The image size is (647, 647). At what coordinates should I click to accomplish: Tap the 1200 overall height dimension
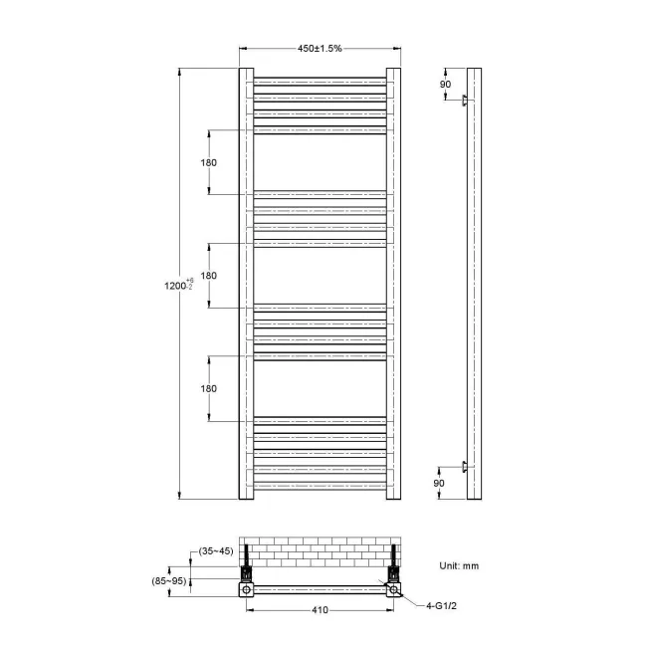[178, 285]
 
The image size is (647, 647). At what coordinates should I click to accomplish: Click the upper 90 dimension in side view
[445, 84]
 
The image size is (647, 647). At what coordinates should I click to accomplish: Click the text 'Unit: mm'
[460, 564]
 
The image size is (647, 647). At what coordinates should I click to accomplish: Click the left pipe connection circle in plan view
[245, 589]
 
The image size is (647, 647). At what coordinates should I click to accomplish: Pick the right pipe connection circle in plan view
[394, 589]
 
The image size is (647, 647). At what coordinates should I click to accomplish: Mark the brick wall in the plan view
[320, 550]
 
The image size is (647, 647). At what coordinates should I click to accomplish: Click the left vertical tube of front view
[246, 284]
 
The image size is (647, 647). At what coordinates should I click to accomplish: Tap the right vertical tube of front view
[393, 284]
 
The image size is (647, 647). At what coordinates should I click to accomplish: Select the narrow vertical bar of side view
[474, 284]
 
